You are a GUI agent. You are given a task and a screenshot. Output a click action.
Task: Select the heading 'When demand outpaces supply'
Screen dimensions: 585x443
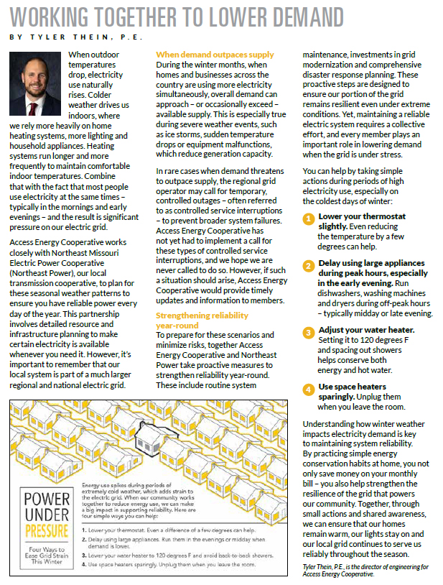pyautogui.click(x=215, y=55)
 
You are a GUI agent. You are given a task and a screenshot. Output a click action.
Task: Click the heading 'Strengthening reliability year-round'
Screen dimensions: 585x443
pyautogui.click(x=202, y=320)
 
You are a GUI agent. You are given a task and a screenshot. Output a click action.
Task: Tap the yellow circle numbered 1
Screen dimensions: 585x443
pyautogui.click(x=307, y=218)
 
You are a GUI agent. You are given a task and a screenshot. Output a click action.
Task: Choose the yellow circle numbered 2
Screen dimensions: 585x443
pyautogui.click(x=307, y=266)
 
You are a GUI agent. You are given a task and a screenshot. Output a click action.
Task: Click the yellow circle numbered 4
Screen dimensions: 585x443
pyautogui.click(x=307, y=389)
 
